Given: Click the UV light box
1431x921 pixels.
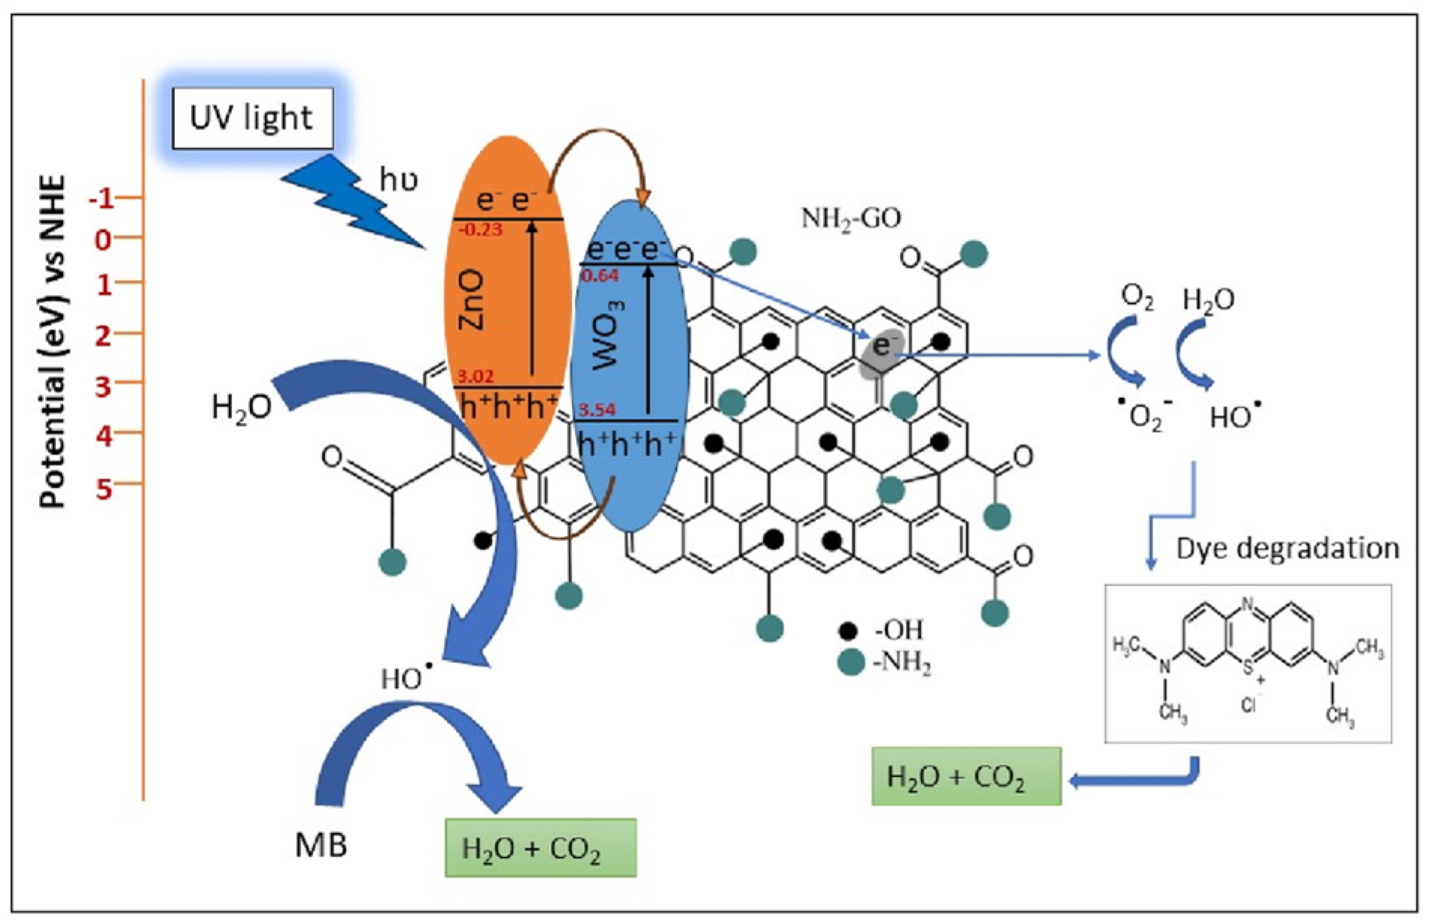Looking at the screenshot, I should pyautogui.click(x=252, y=118).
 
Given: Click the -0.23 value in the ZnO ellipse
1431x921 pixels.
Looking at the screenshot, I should pyautogui.click(x=480, y=229).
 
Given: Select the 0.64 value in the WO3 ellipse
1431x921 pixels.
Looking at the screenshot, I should pyautogui.click(x=600, y=276).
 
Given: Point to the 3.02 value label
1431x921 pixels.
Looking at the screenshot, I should pyautogui.click(x=475, y=376).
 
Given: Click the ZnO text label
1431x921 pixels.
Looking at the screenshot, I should pyautogui.click(x=472, y=301).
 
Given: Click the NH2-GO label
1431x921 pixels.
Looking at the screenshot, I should pyautogui.click(x=851, y=218).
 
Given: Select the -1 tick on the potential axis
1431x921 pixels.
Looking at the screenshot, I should pyautogui.click(x=103, y=199).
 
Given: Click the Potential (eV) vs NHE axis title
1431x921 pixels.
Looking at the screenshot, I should pyautogui.click(x=53, y=342).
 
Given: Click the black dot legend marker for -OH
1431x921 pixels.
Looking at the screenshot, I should pyautogui.click(x=849, y=631).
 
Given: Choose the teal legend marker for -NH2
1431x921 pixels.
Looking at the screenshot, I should pyautogui.click(x=850, y=663).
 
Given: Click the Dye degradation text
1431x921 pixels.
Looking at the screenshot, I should pyautogui.click(x=1287, y=549).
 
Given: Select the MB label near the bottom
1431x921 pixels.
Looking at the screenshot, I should pyautogui.click(x=321, y=845).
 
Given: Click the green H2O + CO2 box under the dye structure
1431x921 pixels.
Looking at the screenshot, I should pyautogui.click(x=965, y=777).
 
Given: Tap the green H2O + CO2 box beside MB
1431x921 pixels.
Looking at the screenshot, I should pyautogui.click(x=540, y=848).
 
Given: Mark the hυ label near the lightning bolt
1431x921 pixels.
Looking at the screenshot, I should pyautogui.click(x=398, y=180).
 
